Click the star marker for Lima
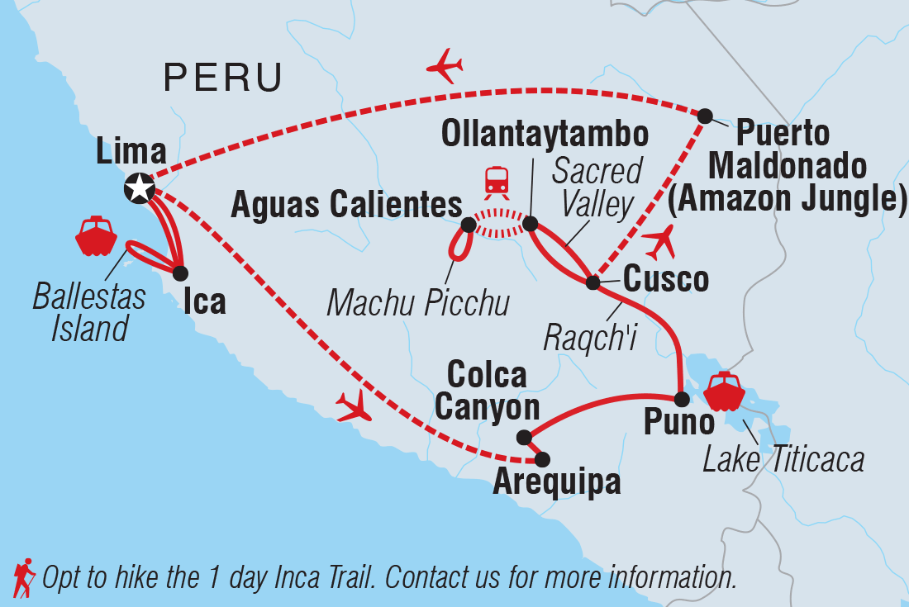(x=139, y=188)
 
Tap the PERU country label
(x=223, y=78)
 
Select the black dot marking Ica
(x=181, y=273)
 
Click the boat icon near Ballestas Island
(x=98, y=237)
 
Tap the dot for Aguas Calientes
(x=469, y=225)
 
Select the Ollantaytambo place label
(x=545, y=133)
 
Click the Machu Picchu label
(x=418, y=303)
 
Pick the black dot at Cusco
(x=593, y=283)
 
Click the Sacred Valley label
(x=597, y=187)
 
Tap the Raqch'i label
(x=589, y=337)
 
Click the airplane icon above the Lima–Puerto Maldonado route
(x=444, y=66)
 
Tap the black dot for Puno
(x=681, y=400)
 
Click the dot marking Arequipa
(x=542, y=459)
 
